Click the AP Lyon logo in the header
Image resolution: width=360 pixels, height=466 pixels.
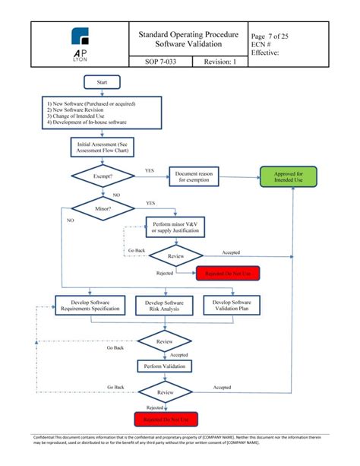coord(79,43)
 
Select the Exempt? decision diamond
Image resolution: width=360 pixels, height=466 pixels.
coord(103,176)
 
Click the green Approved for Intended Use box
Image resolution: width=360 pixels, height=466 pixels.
coord(288,176)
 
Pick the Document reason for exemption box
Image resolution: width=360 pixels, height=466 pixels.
coord(197,176)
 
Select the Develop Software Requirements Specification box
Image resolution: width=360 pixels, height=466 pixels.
coord(89,306)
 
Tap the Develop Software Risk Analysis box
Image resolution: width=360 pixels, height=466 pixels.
coord(165,306)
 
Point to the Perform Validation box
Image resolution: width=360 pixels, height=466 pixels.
coord(165,366)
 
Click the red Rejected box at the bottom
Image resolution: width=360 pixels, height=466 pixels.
coord(165,419)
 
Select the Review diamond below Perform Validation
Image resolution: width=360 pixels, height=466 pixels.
coord(165,392)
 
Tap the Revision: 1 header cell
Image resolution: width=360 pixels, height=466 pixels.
coord(220,62)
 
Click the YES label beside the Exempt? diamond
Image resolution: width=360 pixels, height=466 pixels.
coord(150,171)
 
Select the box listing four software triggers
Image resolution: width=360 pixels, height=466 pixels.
coord(103,113)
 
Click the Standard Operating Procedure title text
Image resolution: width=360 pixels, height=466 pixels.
coord(188,35)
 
